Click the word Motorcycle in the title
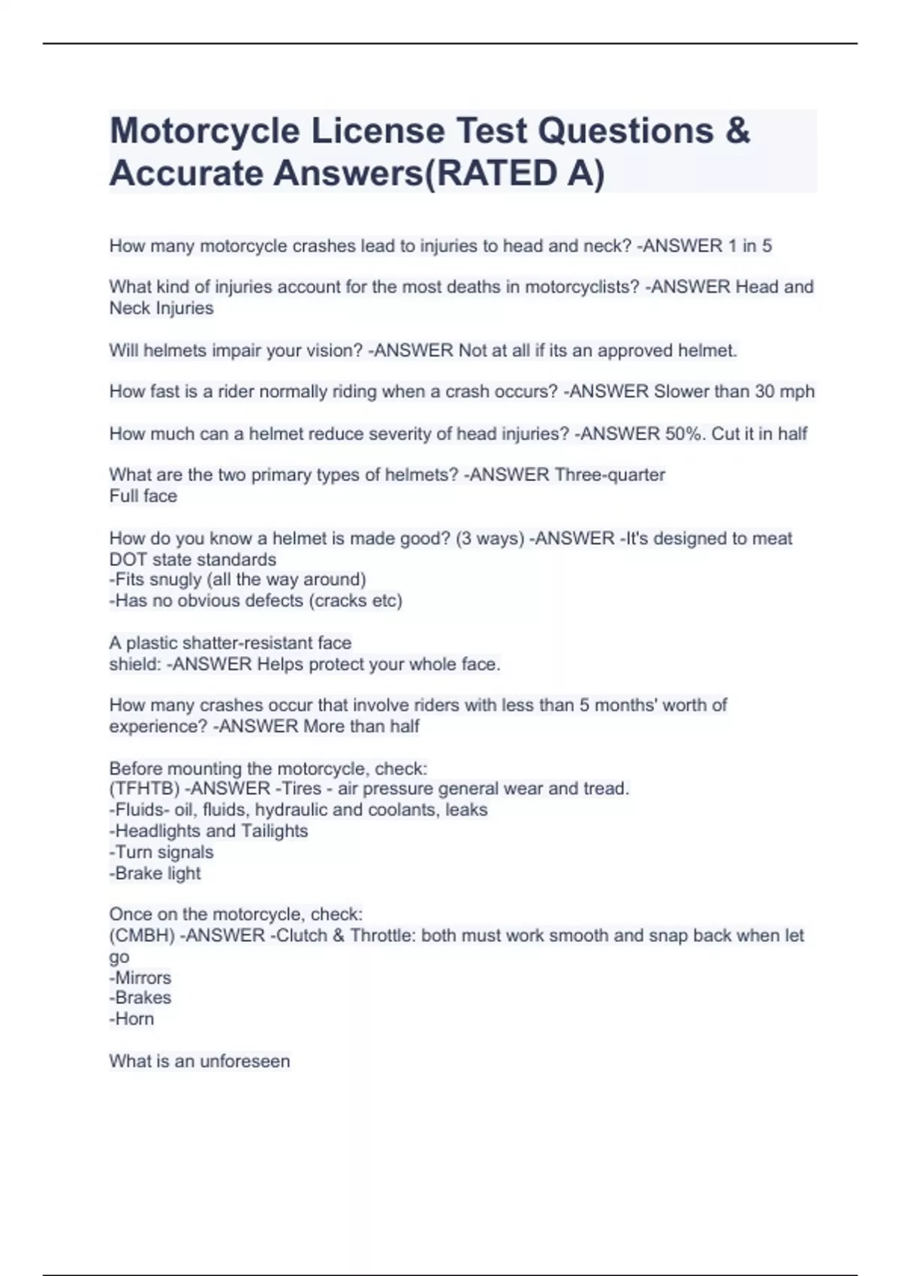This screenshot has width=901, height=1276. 205,131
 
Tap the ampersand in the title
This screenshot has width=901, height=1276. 737,131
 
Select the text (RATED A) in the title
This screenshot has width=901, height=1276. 515,173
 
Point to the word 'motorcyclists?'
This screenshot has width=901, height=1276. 582,287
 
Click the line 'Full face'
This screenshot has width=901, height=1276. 143,496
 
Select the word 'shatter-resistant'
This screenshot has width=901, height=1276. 248,643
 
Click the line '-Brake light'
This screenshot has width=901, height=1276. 155,874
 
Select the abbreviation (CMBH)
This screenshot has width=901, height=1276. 142,936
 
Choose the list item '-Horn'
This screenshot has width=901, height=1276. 131,1019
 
